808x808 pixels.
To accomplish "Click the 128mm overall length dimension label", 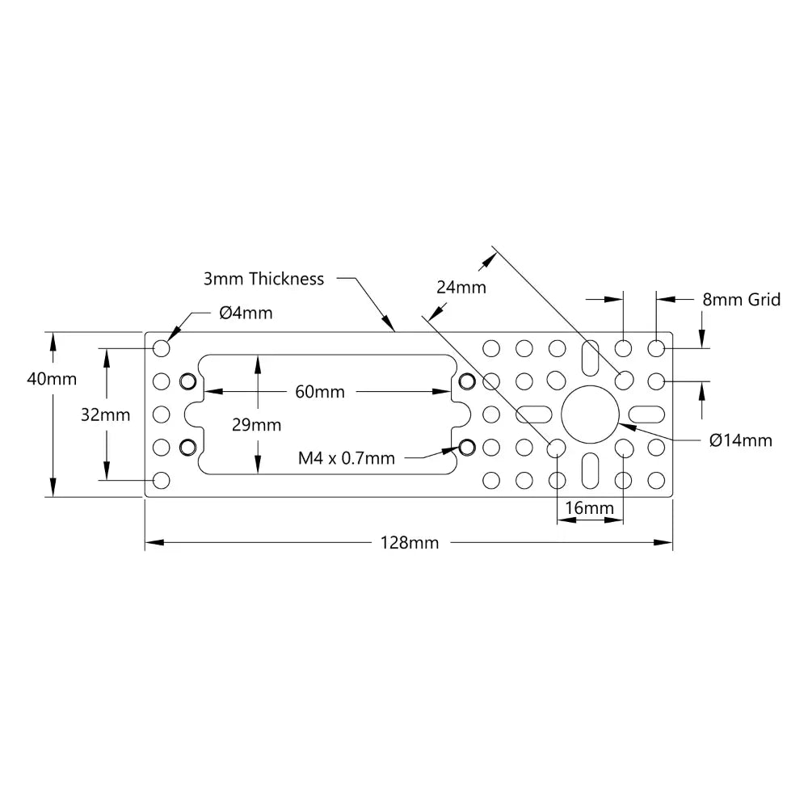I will click(410, 543).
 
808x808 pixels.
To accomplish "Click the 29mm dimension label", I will click(258, 425).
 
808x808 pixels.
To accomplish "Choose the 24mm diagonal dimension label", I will click(461, 287).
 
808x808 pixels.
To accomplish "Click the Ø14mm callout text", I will click(740, 440).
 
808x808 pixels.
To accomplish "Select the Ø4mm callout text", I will click(246, 312).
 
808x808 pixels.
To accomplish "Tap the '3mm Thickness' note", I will click(263, 279).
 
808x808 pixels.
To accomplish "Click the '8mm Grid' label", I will click(742, 300).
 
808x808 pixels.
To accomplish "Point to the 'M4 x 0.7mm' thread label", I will click(347, 458).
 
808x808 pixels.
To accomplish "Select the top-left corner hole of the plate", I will click(162, 348).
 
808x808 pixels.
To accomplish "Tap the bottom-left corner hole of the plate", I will click(162, 481).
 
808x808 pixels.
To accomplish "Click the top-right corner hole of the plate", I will click(656, 348).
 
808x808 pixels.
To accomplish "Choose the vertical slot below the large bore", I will click(590, 469).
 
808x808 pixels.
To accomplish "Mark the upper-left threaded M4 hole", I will click(188, 381).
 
